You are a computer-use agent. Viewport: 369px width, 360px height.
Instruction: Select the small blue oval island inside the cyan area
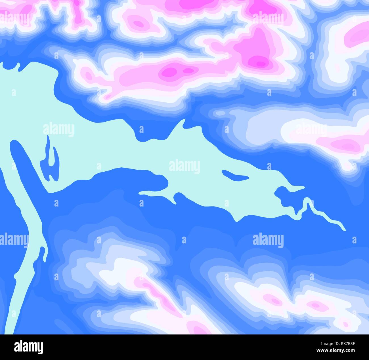[234, 176]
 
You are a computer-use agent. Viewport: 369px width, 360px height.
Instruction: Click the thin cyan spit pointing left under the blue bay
[153, 194]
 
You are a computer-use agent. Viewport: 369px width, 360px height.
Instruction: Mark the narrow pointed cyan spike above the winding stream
[295, 188]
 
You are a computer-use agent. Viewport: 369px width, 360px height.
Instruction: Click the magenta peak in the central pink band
[170, 71]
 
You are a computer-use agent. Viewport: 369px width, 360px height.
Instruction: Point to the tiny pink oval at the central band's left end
[89, 75]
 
